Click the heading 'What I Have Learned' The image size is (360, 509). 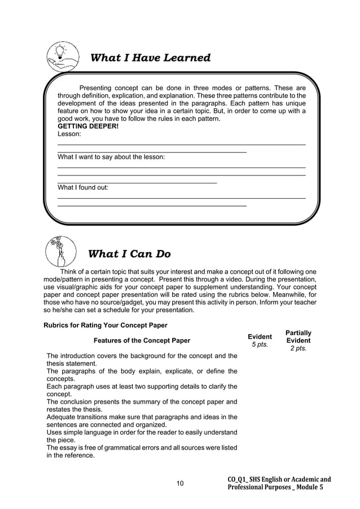tap(151, 58)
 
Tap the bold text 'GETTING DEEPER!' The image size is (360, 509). tap(88, 127)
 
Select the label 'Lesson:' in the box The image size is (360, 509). tap(69, 135)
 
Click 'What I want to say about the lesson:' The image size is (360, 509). tap(111, 157)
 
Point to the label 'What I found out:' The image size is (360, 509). tap(84, 187)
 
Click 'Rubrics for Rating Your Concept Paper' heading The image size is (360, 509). tap(105, 324)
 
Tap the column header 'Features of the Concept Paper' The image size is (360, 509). tap(142, 341)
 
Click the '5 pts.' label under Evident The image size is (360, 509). tap(260, 345)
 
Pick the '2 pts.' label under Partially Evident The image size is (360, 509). tap(298, 349)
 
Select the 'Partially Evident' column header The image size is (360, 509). tap(298, 337)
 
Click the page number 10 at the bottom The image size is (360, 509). tap(180, 483)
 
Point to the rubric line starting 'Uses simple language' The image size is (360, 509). tap(142, 433)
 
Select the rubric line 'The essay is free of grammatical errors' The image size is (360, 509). tap(142, 448)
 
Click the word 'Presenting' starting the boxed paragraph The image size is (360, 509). tap(96, 88)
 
